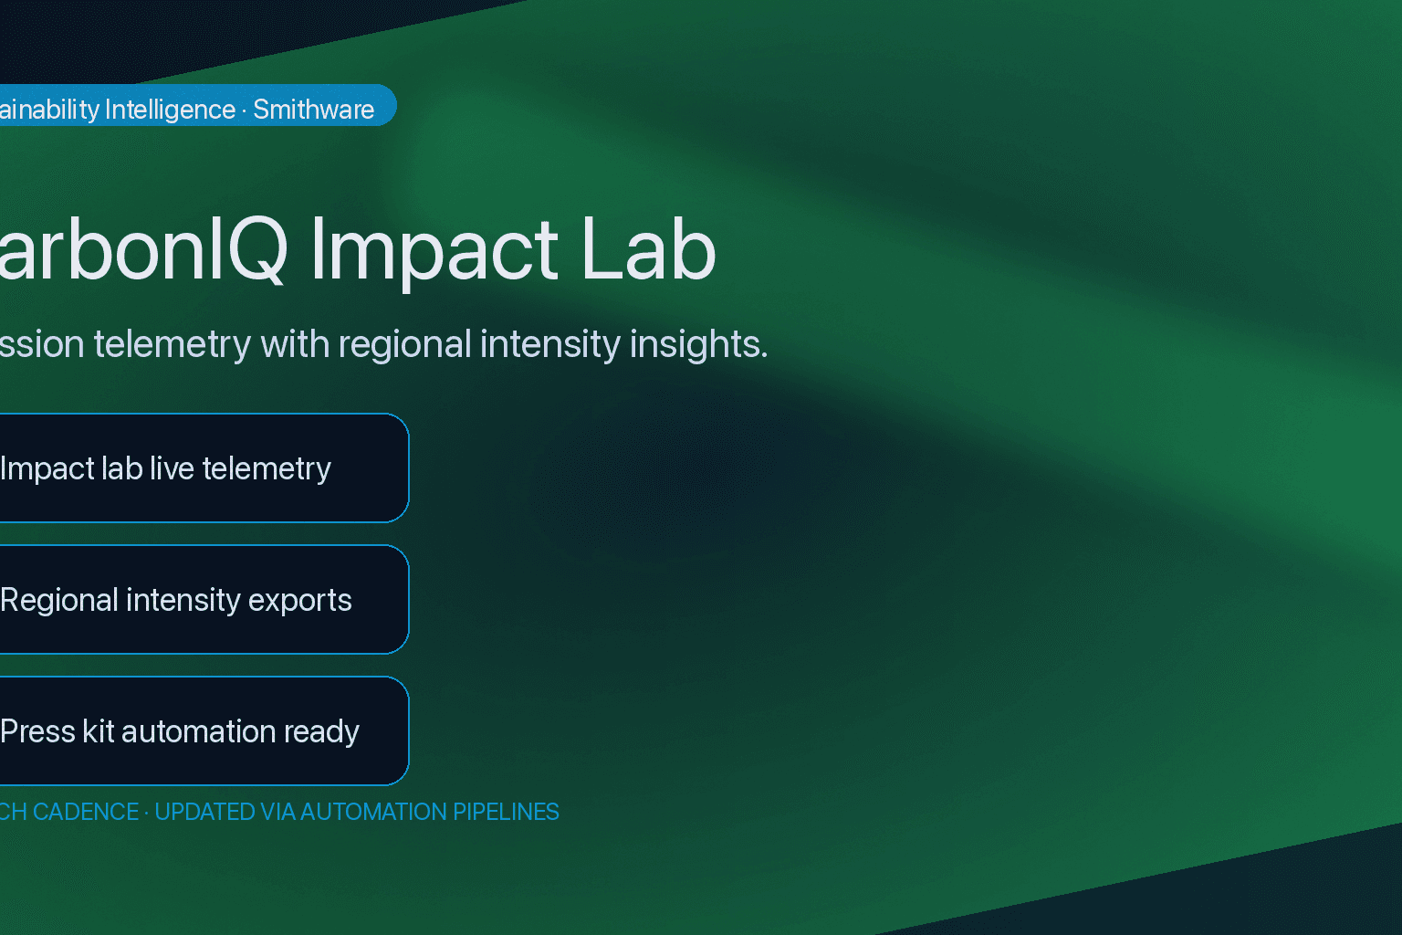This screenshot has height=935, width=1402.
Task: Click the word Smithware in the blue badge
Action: tap(313, 110)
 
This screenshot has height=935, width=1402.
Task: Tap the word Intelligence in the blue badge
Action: tap(170, 110)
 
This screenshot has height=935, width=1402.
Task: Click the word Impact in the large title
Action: tap(434, 250)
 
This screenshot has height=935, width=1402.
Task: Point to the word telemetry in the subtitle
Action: tap(172, 345)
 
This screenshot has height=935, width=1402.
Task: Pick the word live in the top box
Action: tap(172, 468)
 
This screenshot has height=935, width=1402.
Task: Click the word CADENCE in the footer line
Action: tap(86, 812)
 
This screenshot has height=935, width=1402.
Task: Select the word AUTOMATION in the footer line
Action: tap(373, 812)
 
